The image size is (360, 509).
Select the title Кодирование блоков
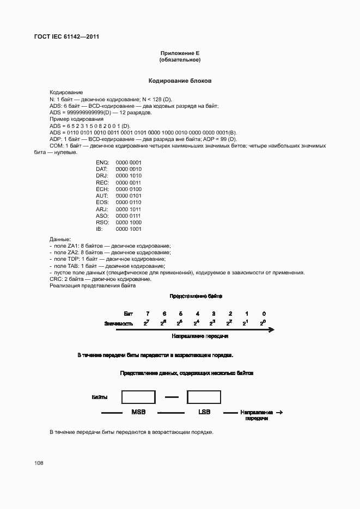coord(180,81)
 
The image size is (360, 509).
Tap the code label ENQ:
coord(102,163)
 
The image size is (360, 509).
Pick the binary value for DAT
coord(129,169)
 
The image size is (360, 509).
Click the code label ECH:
coord(102,189)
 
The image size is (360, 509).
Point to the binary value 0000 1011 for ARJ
coord(129,209)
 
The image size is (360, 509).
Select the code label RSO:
coord(102,222)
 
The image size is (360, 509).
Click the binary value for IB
coord(129,229)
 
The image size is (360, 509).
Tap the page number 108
coord(39,463)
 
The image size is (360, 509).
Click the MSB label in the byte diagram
coord(138,412)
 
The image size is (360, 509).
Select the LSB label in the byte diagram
coord(204,412)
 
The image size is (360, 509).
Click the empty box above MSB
coord(138,397)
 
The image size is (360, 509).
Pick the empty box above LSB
coord(204,397)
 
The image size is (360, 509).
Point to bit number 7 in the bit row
coord(147,314)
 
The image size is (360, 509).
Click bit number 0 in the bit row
coord(264,314)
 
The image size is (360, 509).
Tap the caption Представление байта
coord(196,296)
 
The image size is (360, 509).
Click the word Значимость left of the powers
coord(118,323)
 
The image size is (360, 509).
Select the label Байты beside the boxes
coord(100,397)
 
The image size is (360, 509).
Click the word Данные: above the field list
coord(60,240)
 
